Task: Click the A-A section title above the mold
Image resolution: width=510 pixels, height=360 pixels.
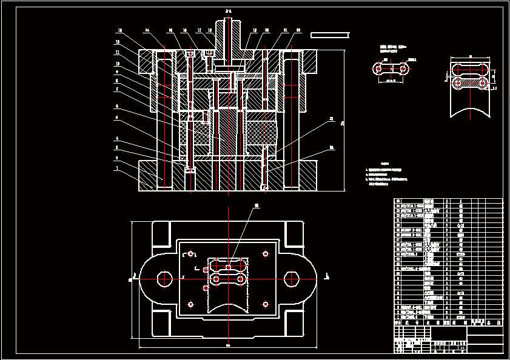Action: (228, 12)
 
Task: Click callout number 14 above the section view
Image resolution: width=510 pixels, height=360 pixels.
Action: (147, 30)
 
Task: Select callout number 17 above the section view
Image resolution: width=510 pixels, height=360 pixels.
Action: (199, 30)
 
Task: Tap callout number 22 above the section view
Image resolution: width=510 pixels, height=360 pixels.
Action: (298, 30)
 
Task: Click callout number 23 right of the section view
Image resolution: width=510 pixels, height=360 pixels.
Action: (331, 119)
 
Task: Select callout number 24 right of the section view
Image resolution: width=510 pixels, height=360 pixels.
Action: (331, 147)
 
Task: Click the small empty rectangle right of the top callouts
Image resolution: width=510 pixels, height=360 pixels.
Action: (329, 35)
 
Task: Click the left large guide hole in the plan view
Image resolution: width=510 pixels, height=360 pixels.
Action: (164, 279)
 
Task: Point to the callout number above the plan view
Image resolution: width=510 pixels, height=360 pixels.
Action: (257, 206)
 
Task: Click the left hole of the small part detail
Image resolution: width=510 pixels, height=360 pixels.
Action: (379, 70)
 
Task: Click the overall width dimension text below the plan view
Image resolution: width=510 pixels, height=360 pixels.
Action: (228, 345)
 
